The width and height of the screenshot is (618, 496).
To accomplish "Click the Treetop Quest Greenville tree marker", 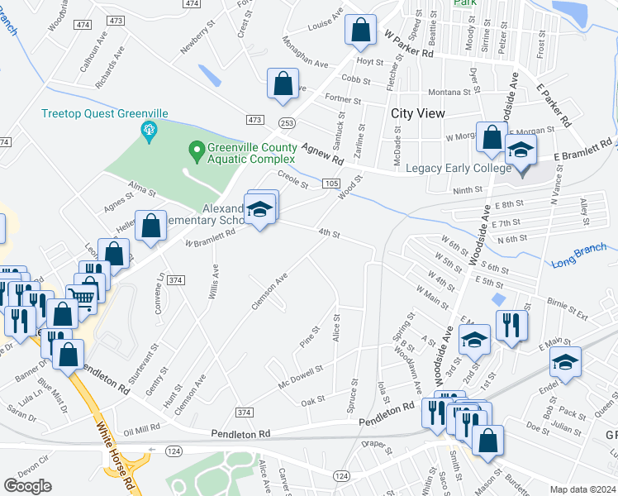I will (150, 129).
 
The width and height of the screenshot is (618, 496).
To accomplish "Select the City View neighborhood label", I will (418, 113).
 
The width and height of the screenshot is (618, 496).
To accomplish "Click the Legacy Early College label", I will (454, 169).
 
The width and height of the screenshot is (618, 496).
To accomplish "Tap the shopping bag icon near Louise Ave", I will (360, 31).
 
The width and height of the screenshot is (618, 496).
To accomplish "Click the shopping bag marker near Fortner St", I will (283, 83).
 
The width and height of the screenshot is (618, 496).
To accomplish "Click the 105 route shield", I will (330, 183).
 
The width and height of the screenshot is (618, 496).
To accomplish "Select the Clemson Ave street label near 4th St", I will (269, 292).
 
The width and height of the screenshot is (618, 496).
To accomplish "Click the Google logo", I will (27, 486).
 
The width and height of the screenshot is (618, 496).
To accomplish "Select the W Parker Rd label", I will (409, 44).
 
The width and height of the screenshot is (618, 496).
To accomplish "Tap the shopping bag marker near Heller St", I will (151, 227).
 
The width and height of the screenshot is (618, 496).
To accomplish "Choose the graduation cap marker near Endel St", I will (565, 362).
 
